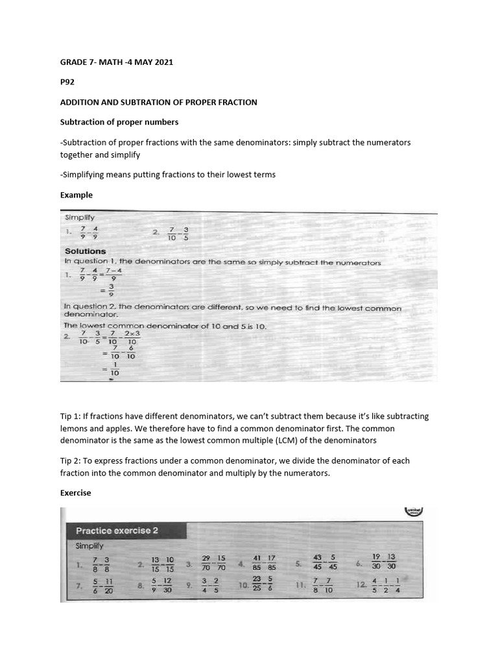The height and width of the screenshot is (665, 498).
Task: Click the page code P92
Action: tap(67, 82)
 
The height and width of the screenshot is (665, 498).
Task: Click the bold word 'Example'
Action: tap(77, 195)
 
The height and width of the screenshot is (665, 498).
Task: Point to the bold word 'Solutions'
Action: tap(85, 251)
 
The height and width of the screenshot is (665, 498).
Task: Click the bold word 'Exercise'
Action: tap(76, 493)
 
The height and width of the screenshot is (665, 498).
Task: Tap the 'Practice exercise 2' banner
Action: tap(117, 531)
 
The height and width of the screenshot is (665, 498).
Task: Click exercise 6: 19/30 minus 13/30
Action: tap(384, 562)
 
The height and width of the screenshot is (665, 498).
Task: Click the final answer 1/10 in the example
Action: tap(115, 368)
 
